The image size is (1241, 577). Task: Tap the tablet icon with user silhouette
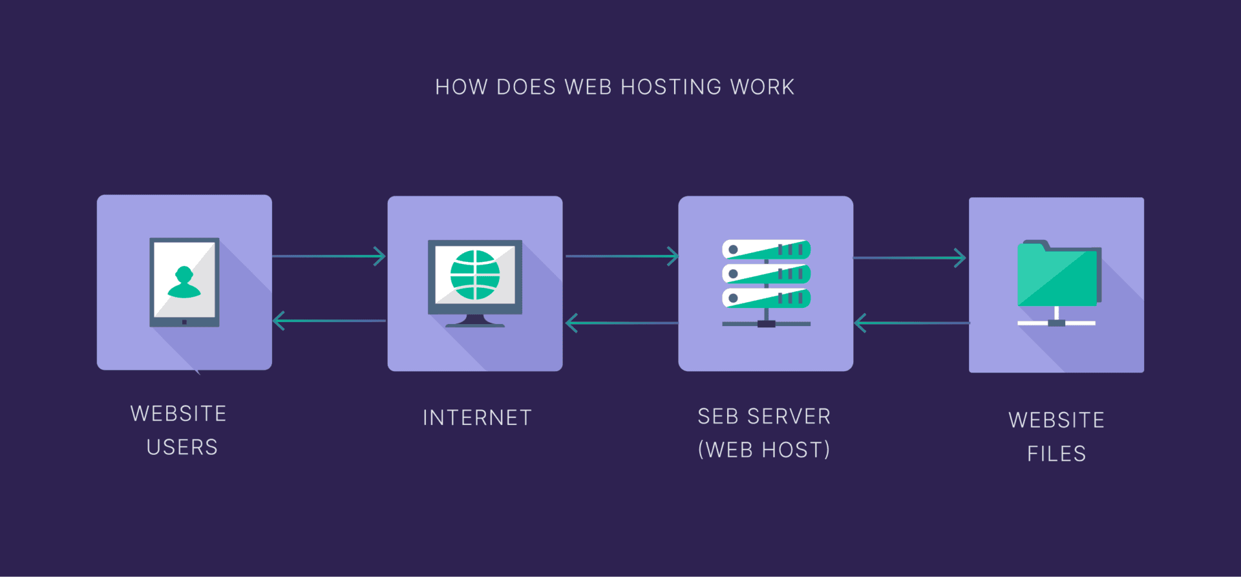pyautogui.click(x=184, y=282)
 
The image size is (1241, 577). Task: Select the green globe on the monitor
pyautogui.click(x=475, y=275)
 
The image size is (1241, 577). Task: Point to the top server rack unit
pyautogui.click(x=766, y=250)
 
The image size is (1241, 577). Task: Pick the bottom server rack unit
pyautogui.click(x=766, y=298)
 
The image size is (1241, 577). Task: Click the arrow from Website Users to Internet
pyautogui.click(x=329, y=256)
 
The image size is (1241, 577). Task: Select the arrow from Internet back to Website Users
pyautogui.click(x=329, y=320)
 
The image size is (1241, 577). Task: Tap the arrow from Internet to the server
pyautogui.click(x=621, y=256)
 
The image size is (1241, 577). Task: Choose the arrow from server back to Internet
pyautogui.click(x=621, y=322)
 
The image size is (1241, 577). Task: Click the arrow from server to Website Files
pyautogui.click(x=909, y=258)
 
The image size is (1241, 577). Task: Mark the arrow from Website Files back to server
pyautogui.click(x=911, y=323)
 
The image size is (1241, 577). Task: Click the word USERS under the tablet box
pyautogui.click(x=182, y=447)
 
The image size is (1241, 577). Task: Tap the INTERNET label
pyautogui.click(x=477, y=417)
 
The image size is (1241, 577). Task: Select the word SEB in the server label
pyautogui.click(x=717, y=416)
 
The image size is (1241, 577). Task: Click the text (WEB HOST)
pyautogui.click(x=764, y=450)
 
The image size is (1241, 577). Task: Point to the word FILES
pyautogui.click(x=1056, y=453)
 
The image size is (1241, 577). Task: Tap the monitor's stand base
pyautogui.click(x=475, y=323)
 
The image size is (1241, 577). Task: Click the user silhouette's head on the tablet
pyautogui.click(x=184, y=274)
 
